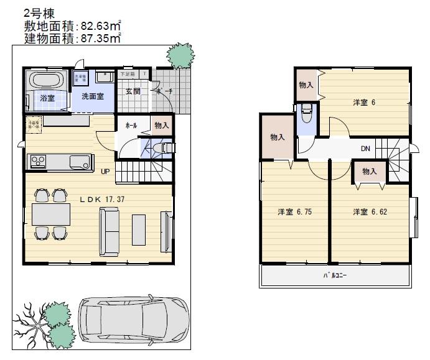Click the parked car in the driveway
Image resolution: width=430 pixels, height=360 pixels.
(x=133, y=318)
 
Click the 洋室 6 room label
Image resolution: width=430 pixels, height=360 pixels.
(x=364, y=103)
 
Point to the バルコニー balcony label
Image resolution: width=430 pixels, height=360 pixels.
(x=334, y=275)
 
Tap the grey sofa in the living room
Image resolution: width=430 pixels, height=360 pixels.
(x=110, y=231)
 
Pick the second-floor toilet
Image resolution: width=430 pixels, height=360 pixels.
(x=306, y=114)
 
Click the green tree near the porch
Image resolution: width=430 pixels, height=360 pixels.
(x=180, y=57)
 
